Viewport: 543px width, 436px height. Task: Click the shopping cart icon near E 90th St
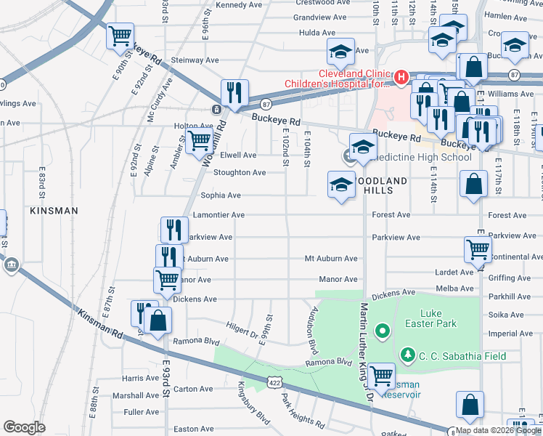tap(121, 36)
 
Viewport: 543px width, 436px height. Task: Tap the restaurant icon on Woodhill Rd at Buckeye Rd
tap(234, 92)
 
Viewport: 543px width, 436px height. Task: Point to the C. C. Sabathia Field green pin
tap(409, 355)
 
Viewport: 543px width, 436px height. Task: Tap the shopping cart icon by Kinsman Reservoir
tap(381, 376)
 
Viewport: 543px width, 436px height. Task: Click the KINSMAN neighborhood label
tap(54, 210)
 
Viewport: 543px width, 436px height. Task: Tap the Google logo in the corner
tap(24, 427)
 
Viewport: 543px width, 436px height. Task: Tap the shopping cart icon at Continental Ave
tap(478, 249)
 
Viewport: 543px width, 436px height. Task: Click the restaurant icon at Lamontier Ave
tap(174, 230)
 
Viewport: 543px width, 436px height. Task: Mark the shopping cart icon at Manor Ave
tap(167, 279)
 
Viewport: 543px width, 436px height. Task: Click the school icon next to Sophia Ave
tap(340, 184)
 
